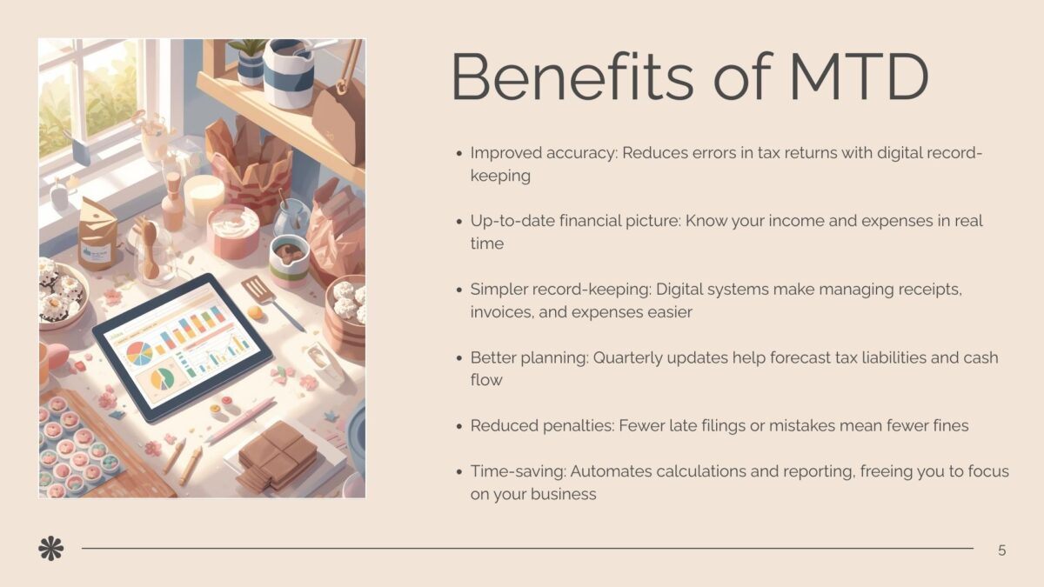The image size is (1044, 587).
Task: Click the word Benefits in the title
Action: click(573, 77)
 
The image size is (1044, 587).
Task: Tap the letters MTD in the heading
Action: click(860, 77)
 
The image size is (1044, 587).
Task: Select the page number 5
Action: click(1002, 550)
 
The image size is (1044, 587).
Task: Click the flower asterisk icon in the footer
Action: click(51, 549)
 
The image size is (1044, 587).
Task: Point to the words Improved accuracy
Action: click(544, 153)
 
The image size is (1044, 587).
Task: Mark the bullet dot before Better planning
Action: click(459, 358)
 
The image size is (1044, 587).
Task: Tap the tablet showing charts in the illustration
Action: click(183, 348)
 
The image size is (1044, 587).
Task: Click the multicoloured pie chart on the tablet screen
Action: click(139, 354)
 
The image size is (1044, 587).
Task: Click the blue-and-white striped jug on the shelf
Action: click(288, 73)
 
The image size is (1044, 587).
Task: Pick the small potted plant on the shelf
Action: click(251, 62)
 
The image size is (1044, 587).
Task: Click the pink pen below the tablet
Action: click(241, 420)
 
